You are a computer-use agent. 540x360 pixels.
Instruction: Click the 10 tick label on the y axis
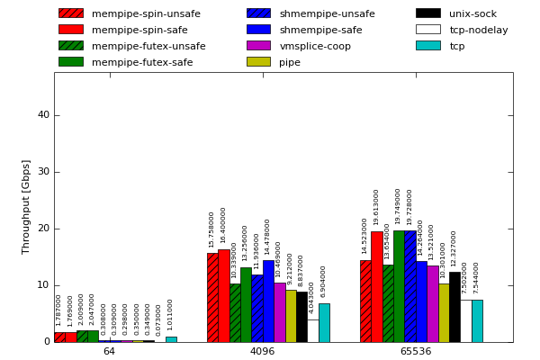point(43,285)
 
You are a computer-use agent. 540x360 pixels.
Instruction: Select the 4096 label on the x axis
point(262,351)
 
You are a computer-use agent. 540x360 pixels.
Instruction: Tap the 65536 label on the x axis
point(416,351)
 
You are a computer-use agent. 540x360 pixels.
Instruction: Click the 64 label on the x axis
point(109,351)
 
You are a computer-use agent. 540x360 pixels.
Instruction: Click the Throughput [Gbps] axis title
point(26,206)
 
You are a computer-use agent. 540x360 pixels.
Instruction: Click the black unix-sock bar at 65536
point(454,307)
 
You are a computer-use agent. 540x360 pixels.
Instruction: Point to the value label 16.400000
point(223,225)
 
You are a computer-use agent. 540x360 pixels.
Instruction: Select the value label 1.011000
point(170,314)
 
